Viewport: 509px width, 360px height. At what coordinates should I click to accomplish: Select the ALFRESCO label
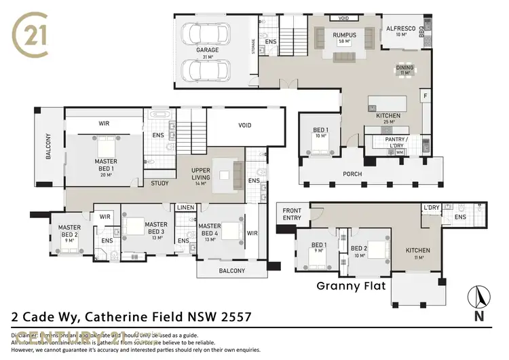(400, 28)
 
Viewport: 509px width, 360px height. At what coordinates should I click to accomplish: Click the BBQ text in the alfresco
(421, 31)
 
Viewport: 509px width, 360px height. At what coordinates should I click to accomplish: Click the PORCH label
(352, 174)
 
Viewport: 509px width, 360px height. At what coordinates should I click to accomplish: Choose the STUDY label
(160, 183)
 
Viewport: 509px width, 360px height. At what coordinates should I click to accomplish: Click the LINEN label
(185, 207)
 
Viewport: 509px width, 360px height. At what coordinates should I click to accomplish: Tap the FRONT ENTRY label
(292, 214)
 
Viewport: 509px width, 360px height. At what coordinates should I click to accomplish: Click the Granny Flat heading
(351, 286)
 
